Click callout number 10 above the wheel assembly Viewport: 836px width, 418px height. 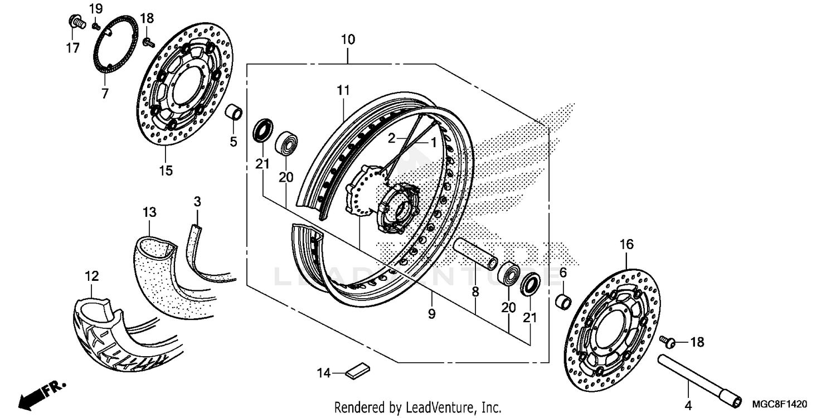[348, 40]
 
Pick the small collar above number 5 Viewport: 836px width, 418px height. [234, 112]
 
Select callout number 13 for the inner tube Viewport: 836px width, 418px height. [149, 212]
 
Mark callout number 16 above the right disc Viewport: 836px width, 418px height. [626, 244]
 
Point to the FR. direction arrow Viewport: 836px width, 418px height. [42, 392]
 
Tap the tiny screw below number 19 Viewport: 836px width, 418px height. [95, 26]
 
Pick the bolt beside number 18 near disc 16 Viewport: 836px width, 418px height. [666, 340]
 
